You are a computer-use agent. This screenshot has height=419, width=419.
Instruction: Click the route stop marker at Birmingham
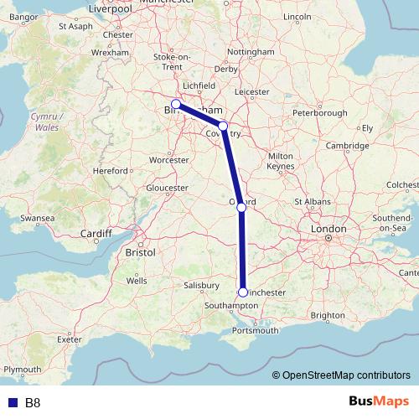[176, 105]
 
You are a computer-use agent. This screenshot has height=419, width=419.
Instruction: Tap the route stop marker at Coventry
[223, 126]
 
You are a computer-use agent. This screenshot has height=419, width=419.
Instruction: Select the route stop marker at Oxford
[241, 207]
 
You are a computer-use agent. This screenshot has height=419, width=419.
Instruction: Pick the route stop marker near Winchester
[243, 292]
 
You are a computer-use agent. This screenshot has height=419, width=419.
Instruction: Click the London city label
[328, 229]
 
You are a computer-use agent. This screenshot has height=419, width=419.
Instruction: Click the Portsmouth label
[256, 331]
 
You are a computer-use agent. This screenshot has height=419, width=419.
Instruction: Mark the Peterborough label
[320, 113]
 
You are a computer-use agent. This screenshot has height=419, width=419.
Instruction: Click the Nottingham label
[251, 52]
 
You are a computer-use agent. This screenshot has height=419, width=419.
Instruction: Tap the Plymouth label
[22, 370]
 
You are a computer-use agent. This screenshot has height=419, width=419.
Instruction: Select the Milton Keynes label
[280, 161]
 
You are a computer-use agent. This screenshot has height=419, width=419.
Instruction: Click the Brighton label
[327, 315]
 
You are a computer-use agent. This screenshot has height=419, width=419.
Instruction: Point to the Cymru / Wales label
[42, 122]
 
